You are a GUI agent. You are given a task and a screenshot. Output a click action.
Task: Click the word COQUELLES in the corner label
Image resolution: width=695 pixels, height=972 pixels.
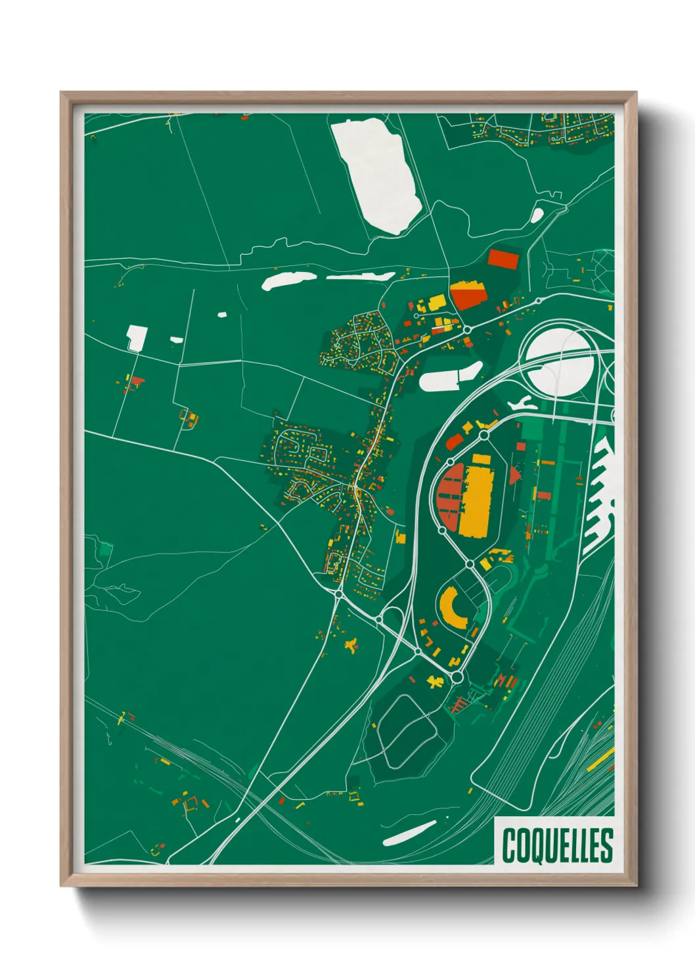(557, 845)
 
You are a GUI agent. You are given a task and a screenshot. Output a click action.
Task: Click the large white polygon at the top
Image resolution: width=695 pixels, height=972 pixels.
(377, 174)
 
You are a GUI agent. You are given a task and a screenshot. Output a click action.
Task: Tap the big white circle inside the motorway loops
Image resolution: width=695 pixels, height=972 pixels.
(560, 362)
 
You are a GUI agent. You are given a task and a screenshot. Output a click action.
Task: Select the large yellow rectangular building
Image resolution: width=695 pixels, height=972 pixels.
(476, 495)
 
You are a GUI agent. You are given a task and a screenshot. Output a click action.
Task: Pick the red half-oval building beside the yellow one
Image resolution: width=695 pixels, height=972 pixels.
(450, 497)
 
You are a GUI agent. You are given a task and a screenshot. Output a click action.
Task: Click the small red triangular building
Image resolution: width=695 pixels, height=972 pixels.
(514, 475)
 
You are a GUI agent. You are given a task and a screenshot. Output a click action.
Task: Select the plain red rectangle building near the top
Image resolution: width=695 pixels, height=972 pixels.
(504, 258)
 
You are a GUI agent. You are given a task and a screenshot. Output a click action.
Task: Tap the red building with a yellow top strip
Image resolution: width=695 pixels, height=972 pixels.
(468, 295)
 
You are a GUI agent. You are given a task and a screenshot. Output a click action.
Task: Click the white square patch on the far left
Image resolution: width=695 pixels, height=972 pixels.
(137, 337)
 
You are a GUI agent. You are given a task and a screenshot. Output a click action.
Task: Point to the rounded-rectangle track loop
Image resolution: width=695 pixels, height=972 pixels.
(405, 730)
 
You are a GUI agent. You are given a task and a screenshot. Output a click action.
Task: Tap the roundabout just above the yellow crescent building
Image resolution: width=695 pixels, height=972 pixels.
(470, 563)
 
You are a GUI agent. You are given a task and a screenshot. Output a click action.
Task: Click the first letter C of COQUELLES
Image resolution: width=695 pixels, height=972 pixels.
(509, 845)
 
